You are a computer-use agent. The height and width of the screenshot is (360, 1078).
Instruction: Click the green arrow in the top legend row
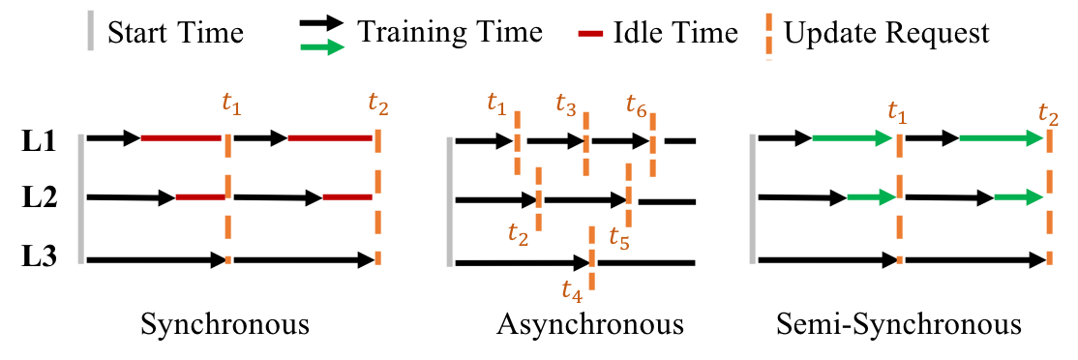pos(322,46)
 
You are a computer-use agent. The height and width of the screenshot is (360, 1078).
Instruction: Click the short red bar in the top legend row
pos(590,33)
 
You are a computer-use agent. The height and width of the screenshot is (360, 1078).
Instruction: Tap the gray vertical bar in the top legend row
pos(90,30)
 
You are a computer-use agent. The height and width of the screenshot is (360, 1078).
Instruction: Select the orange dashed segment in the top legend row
pos(768,36)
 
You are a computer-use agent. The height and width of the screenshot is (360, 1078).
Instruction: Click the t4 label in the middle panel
pos(572,289)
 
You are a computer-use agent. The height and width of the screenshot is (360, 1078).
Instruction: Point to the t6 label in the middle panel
pos(636,105)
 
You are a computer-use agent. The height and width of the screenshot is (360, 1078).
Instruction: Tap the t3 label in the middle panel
pos(566,103)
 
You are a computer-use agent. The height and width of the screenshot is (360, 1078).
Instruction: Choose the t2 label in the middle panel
pos(519,232)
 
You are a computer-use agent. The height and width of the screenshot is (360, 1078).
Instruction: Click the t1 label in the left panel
pos(231,103)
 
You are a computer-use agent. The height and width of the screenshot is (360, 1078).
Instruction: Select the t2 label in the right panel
pos(1048,113)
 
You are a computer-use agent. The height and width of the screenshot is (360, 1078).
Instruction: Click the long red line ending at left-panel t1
pos(181,137)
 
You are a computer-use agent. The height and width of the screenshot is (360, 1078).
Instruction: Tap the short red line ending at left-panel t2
pos(347,196)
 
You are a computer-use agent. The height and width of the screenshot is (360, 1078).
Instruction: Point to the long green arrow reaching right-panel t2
pos(1001,138)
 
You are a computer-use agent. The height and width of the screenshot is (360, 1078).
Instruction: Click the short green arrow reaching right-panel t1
pos(871,196)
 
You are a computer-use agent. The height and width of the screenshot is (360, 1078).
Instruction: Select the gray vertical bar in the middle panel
pos(449,201)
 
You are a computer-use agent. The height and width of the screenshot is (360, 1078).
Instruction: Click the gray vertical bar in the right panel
pos(752,198)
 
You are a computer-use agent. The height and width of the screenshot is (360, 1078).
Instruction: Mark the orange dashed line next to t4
pos(591,257)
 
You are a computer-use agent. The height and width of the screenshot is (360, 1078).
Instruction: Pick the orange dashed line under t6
pos(652,144)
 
